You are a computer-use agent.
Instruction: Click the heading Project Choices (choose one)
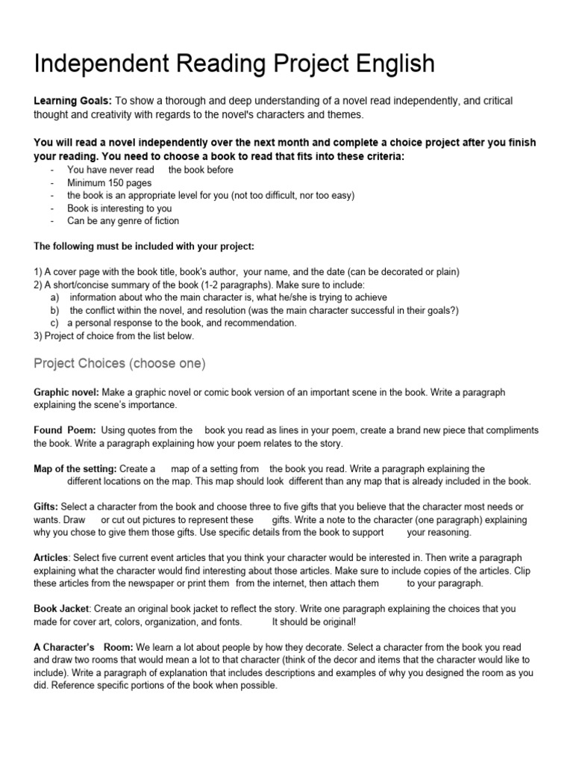119,364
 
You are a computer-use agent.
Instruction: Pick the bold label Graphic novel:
66,392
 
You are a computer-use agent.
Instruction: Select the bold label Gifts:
46,507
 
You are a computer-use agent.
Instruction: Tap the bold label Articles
51,558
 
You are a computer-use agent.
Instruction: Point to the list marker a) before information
54,297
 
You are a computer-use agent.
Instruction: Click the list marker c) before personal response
54,323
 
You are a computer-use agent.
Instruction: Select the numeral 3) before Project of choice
39,335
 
